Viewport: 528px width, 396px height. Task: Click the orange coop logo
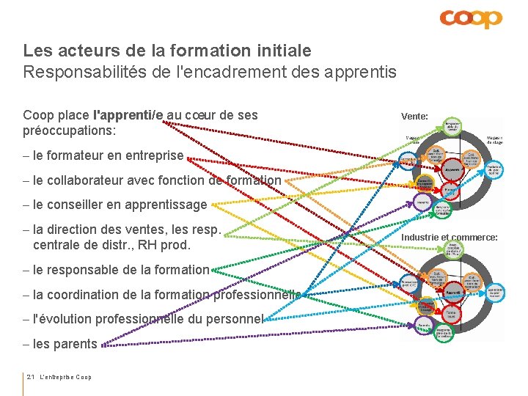[470, 19]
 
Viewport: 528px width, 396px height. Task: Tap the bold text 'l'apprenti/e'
[128, 115]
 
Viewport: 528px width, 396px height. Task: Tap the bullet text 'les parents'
[65, 344]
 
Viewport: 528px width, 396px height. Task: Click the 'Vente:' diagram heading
[416, 116]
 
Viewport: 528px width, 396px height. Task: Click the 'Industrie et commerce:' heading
[450, 237]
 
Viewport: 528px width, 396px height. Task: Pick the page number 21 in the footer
[29, 377]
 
